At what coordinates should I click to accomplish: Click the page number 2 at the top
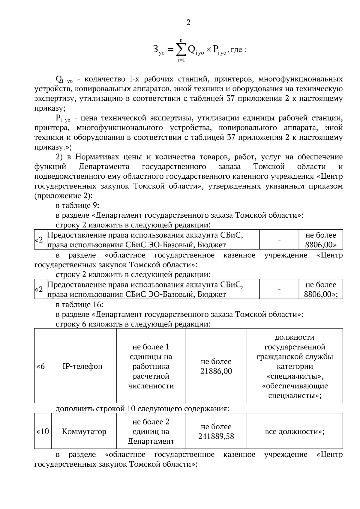(188, 22)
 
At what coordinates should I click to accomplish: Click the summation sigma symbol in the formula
(180, 50)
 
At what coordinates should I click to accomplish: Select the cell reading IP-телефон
(82, 366)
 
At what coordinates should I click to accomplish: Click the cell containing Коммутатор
(84, 432)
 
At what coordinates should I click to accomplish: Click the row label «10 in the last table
(43, 432)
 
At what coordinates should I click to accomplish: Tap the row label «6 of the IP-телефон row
(41, 366)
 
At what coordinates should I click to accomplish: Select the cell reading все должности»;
(295, 432)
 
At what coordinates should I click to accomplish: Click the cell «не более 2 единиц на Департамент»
(151, 432)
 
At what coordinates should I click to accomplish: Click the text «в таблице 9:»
(77, 206)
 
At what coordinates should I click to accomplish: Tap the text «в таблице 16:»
(79, 305)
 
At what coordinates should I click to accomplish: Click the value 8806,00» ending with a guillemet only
(321, 245)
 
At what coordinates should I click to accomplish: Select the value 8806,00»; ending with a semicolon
(321, 294)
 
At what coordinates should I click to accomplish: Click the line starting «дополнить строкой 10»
(142, 409)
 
